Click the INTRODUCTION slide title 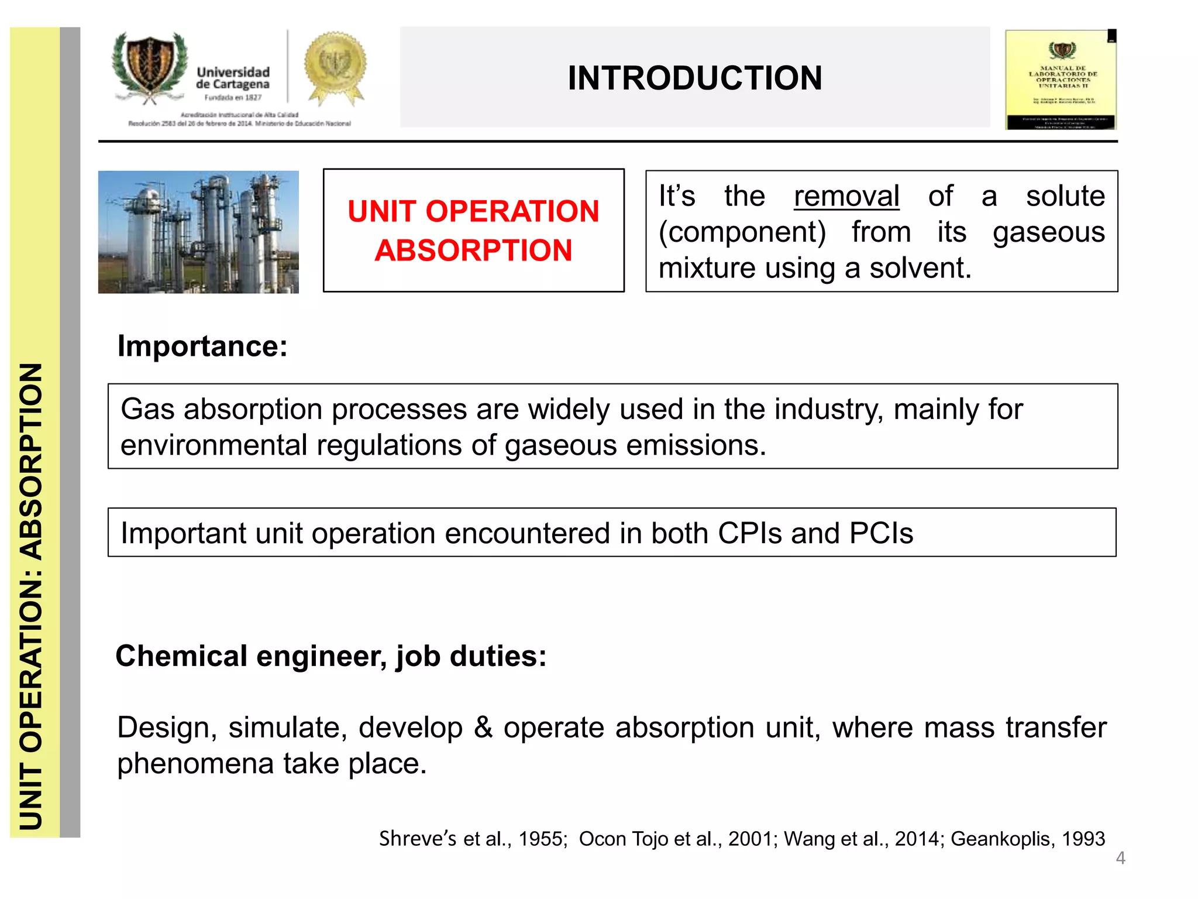click(x=694, y=78)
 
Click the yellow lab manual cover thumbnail click(x=1061, y=80)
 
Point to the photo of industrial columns click(x=198, y=232)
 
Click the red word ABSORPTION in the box click(x=473, y=251)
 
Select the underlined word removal click(x=846, y=196)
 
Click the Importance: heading click(x=202, y=346)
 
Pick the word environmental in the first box click(x=214, y=445)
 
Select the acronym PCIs click(x=880, y=533)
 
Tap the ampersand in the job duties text click(x=483, y=728)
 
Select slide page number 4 click(x=1120, y=858)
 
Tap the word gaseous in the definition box click(x=1048, y=232)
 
